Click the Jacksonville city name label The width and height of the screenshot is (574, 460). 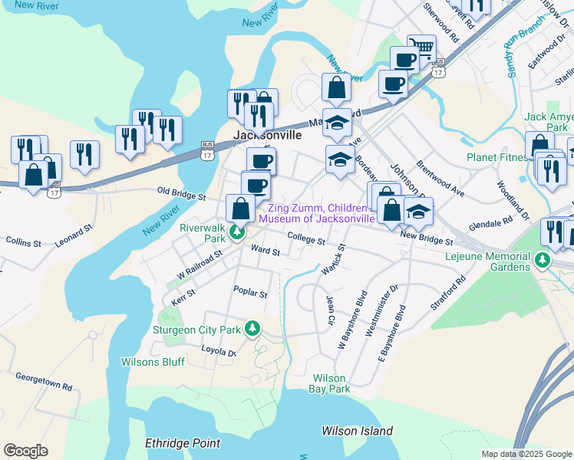click(262, 134)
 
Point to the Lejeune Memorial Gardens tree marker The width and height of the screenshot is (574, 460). click(543, 261)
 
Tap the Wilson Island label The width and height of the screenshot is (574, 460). click(357, 431)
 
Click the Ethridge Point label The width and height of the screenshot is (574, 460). click(183, 443)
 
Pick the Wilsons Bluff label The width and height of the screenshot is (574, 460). click(150, 362)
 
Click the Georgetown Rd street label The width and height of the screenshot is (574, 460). click(44, 383)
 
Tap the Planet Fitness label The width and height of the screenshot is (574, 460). click(497, 158)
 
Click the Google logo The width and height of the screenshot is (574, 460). click(25, 451)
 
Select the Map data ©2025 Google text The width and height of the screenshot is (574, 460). click(526, 454)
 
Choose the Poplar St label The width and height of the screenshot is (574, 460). click(250, 294)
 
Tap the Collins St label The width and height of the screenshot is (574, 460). click(23, 242)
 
